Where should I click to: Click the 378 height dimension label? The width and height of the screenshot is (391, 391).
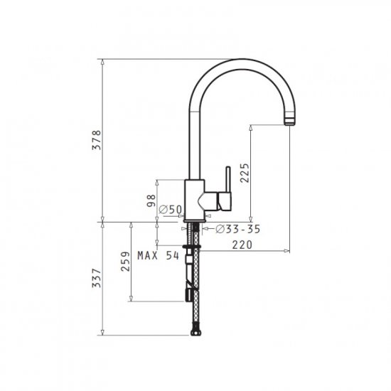pyautogui.click(x=97, y=140)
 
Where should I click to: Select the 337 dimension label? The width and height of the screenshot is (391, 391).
pyautogui.click(x=97, y=278)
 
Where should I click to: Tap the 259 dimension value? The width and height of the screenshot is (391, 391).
pyautogui.click(x=125, y=262)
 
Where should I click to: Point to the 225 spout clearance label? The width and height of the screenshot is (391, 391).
pyautogui.click(x=245, y=173)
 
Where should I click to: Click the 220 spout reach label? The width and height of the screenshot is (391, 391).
pyautogui.click(x=242, y=245)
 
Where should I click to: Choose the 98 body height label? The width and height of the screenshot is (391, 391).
pyautogui.click(x=151, y=200)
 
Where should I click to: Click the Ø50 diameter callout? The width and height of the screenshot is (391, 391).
pyautogui.click(x=171, y=210)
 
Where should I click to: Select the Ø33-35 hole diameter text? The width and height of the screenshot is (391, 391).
pyautogui.click(x=238, y=229)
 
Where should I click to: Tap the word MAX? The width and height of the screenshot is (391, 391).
pyautogui.click(x=148, y=255)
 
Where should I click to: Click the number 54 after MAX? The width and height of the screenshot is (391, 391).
pyautogui.click(x=173, y=255)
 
